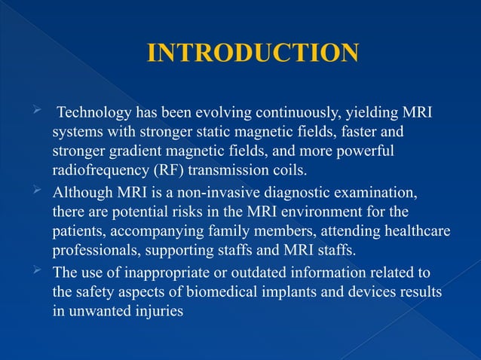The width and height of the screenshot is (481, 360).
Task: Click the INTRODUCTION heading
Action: [x=252, y=53]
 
